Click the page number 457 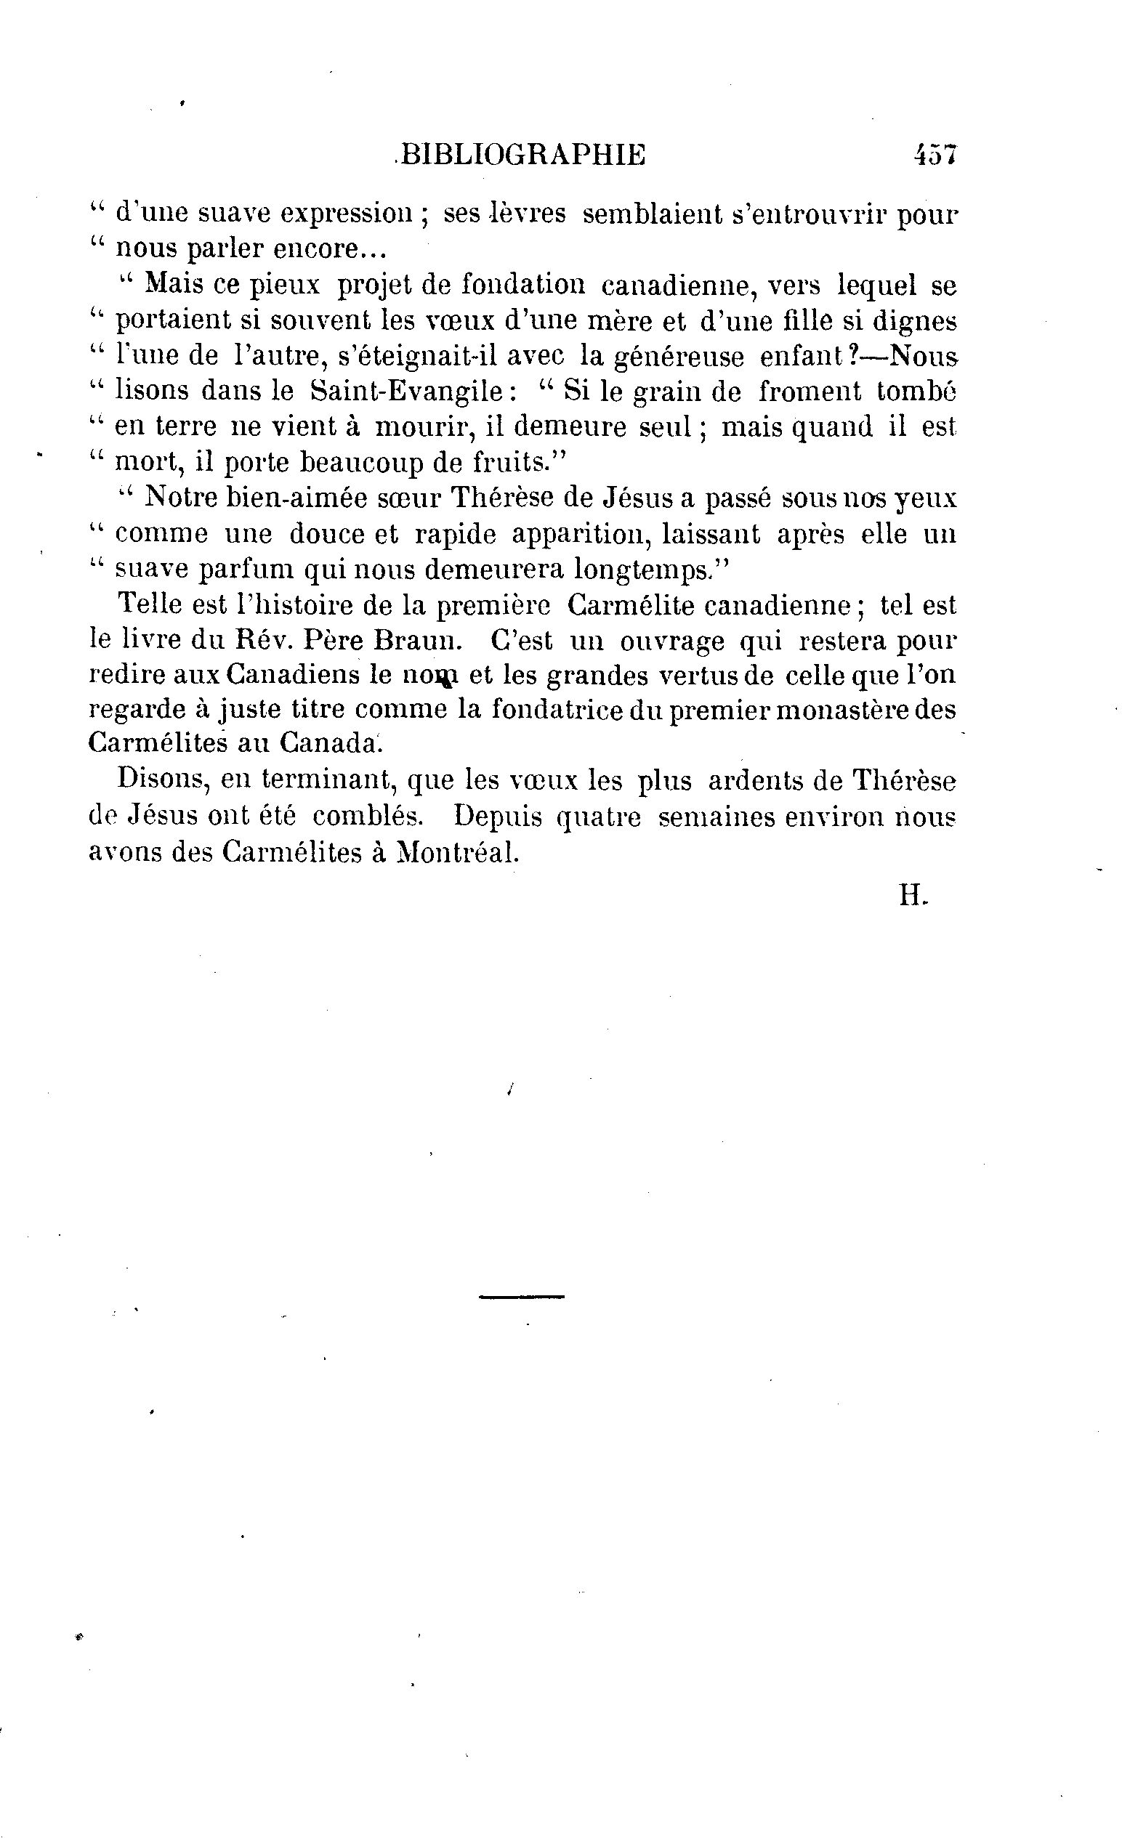(934, 155)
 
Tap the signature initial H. (911, 895)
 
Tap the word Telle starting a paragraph (150, 604)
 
